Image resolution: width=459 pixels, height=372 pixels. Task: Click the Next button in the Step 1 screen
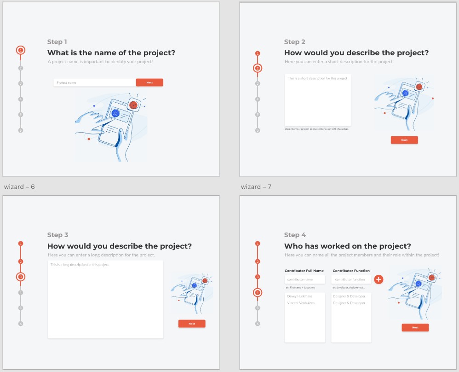pos(149,82)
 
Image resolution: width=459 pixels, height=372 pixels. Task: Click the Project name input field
pos(94,82)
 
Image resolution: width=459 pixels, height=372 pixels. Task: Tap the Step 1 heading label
pos(57,42)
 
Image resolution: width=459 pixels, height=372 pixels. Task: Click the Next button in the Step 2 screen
pos(404,140)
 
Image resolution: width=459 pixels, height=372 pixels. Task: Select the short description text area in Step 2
pos(317,100)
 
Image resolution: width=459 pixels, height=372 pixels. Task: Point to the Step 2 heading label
pos(294,42)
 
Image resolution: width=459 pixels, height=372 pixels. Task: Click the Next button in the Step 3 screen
pos(192,324)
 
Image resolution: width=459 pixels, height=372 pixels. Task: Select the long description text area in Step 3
pos(105,299)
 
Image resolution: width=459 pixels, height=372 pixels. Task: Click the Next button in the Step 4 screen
pos(415,327)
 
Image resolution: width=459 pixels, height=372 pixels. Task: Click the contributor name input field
pos(305,279)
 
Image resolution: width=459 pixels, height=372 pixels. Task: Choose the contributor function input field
pos(351,279)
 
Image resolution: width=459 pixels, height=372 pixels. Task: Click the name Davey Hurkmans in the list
pos(300,296)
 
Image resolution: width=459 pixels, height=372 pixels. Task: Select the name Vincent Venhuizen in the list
pos(301,303)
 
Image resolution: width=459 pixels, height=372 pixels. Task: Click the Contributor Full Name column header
pos(304,271)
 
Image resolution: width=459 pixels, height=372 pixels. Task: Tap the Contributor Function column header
pos(351,271)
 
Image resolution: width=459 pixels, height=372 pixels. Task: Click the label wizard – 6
pos(19,187)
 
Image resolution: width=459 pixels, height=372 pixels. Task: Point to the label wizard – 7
pos(256,187)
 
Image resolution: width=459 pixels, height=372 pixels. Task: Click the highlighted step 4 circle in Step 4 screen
pos(258,292)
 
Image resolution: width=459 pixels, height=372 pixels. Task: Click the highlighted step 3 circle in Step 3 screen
pos(20,277)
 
